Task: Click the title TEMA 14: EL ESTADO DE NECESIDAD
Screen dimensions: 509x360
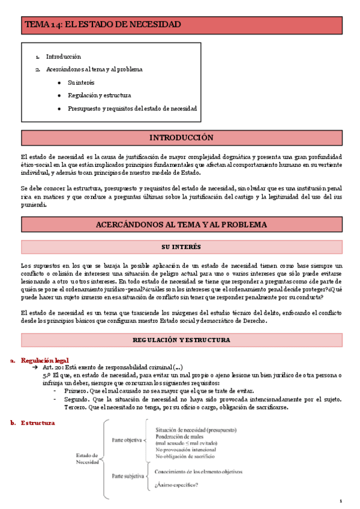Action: tap(102, 25)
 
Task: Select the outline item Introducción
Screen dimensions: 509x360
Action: tap(63, 56)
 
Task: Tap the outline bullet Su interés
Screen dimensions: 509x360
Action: tap(81, 82)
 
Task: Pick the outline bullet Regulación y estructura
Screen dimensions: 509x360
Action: tap(99, 95)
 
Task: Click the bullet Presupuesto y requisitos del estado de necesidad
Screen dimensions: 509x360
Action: tap(132, 109)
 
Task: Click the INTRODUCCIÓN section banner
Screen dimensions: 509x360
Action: tap(181, 137)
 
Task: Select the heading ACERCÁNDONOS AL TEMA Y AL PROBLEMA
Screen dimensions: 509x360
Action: tap(181, 224)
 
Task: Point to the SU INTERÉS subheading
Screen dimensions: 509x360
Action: tap(181, 247)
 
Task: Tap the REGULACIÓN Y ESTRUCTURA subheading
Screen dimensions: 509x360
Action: tap(181, 340)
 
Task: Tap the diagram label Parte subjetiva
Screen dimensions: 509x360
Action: tap(128, 476)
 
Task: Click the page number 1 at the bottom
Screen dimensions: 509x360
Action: tap(340, 501)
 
